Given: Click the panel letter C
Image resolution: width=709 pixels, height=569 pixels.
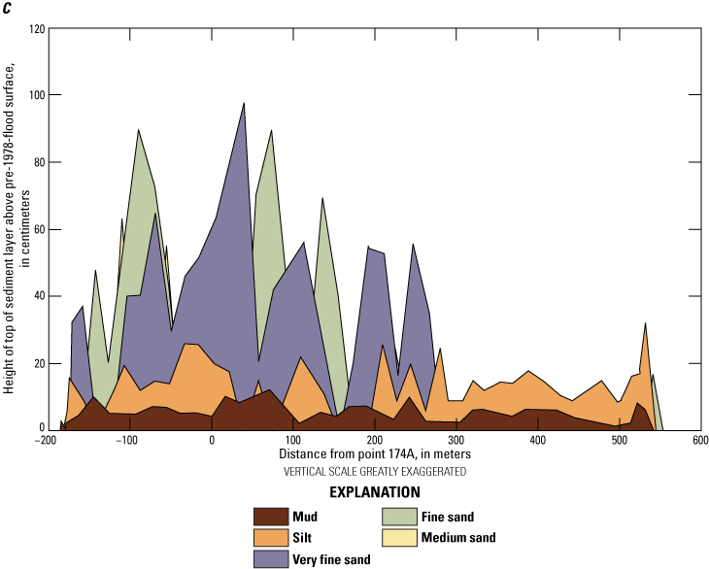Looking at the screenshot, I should [x=8, y=9].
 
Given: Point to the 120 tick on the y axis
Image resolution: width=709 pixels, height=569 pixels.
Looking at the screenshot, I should [x=32, y=28].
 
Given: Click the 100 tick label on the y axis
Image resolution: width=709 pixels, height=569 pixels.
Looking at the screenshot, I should [x=32, y=95].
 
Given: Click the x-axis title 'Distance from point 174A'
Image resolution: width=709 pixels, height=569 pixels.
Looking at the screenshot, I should [x=374, y=454].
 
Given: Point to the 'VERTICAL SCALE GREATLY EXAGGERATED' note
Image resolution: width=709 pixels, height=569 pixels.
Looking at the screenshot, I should [x=374, y=471].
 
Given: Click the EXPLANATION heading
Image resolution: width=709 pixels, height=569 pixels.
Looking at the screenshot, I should [x=374, y=492].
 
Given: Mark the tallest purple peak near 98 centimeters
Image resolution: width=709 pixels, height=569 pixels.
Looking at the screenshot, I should [x=244, y=103].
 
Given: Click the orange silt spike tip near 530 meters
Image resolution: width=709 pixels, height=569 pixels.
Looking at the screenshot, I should [x=645, y=324].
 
